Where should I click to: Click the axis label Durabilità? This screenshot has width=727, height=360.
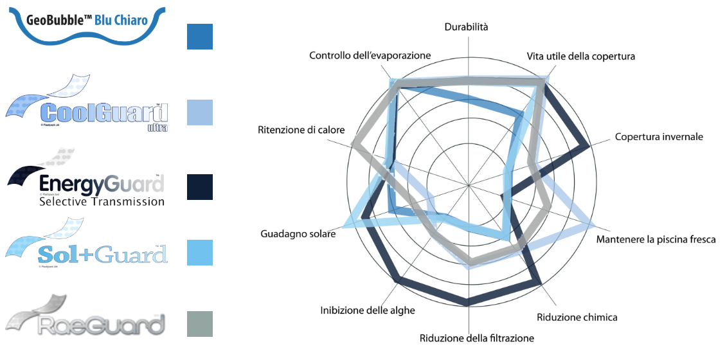pyautogui.click(x=467, y=27)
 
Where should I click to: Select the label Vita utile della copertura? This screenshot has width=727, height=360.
pyautogui.click(x=580, y=57)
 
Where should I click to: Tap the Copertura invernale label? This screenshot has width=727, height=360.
pyautogui.click(x=659, y=137)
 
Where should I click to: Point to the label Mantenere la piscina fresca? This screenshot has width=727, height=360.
pyautogui.click(x=656, y=240)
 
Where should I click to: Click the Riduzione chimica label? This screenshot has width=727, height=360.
pyautogui.click(x=577, y=317)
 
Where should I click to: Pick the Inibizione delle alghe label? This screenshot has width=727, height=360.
pyautogui.click(x=368, y=310)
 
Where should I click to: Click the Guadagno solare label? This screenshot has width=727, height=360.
pyautogui.click(x=298, y=234)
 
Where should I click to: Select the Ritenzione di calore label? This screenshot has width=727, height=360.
pyautogui.click(x=301, y=130)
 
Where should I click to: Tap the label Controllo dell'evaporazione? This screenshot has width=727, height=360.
pyautogui.click(x=370, y=56)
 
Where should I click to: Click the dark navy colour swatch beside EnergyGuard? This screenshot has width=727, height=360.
pyautogui.click(x=199, y=186)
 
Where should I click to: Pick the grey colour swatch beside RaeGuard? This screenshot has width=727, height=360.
pyautogui.click(x=199, y=324)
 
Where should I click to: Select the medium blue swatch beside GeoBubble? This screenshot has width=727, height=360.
pyautogui.click(x=199, y=37)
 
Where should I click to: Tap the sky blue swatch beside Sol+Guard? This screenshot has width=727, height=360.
pyautogui.click(x=199, y=253)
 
